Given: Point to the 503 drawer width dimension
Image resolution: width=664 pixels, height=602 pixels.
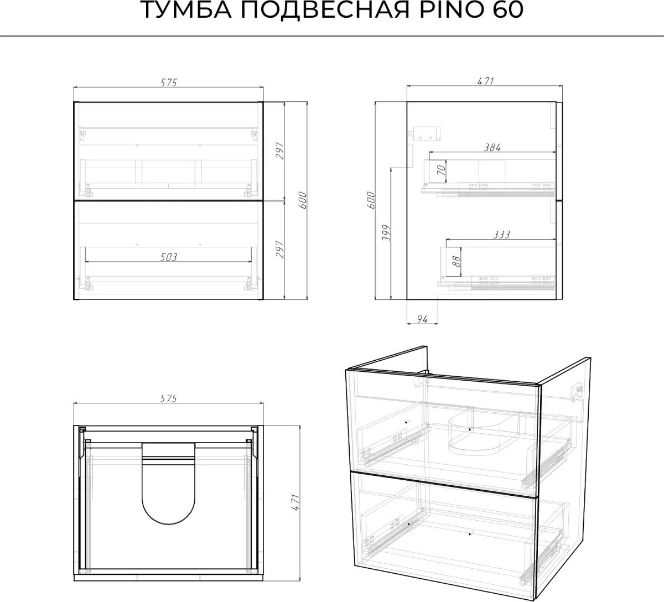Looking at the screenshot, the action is [x=169, y=257].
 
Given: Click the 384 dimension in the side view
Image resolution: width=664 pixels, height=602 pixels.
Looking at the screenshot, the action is [x=492, y=147].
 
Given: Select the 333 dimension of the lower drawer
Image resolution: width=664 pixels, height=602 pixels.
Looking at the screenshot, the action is [x=501, y=235].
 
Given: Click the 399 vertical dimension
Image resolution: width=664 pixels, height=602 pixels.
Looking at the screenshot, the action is [x=387, y=233].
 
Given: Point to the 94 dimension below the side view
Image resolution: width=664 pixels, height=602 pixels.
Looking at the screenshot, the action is [x=422, y=319].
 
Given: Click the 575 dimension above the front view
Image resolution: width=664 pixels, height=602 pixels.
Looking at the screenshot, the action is [x=169, y=82].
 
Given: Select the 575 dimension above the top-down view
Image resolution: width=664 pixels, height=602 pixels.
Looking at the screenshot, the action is [x=169, y=398].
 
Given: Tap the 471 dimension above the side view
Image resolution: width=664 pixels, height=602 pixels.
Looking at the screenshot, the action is [x=485, y=81].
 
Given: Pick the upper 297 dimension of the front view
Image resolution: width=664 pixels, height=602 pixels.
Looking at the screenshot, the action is [x=280, y=150].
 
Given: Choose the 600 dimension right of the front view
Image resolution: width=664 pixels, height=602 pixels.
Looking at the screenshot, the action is [x=303, y=200].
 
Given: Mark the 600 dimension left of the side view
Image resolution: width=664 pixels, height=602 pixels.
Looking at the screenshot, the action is [x=371, y=200].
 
